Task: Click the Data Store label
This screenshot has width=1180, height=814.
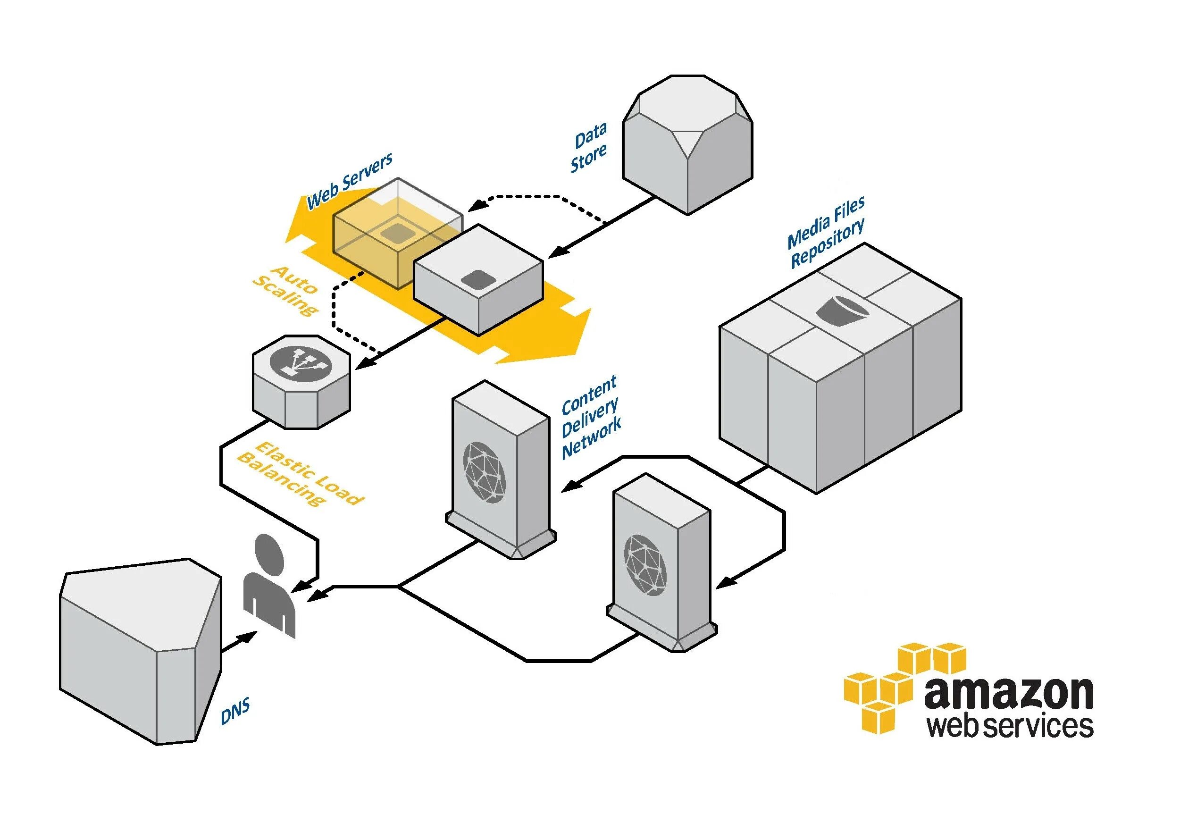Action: pyautogui.click(x=589, y=147)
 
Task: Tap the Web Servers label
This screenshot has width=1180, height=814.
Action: pyautogui.click(x=349, y=181)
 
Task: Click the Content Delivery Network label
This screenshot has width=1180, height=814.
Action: pyautogui.click(x=591, y=418)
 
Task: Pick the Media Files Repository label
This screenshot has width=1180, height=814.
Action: pyautogui.click(x=826, y=232)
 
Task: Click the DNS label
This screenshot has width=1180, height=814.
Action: pyautogui.click(x=235, y=712)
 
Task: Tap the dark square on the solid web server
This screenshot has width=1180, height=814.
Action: pyautogui.click(x=475, y=279)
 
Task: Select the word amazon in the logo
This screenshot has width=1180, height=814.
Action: pyautogui.click(x=1009, y=692)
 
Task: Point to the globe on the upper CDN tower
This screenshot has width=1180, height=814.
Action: pyautogui.click(x=484, y=472)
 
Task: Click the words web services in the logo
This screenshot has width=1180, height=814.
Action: pyautogui.click(x=1010, y=726)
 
